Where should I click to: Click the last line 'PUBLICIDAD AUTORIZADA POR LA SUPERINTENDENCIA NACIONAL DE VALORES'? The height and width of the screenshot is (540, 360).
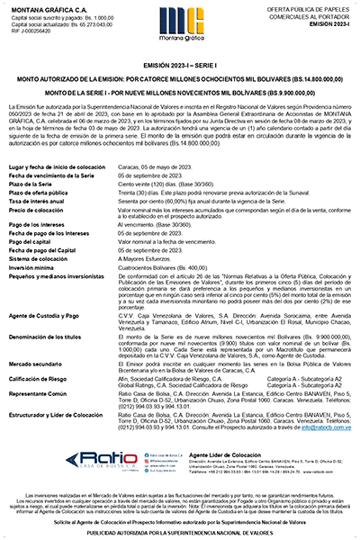pos(180,532)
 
